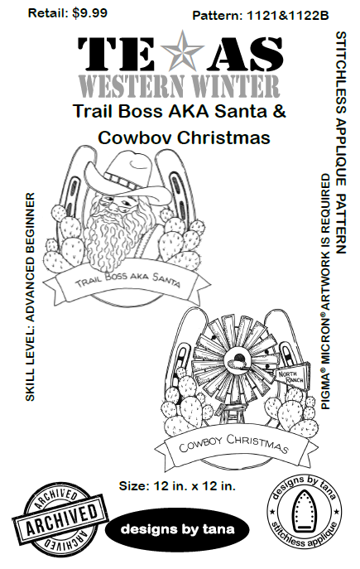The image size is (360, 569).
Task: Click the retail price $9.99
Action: click(89, 13)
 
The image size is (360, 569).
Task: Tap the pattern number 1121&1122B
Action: click(287, 16)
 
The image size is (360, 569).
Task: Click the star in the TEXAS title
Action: click(182, 51)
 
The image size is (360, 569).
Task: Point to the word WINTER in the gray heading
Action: click(239, 86)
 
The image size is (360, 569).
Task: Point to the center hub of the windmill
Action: click(236, 361)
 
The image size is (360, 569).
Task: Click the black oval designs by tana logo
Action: click(177, 528)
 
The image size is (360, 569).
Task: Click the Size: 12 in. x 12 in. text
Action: click(177, 485)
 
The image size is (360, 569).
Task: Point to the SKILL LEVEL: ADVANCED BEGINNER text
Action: click(31, 297)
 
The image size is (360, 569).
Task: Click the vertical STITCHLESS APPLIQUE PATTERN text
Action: click(341, 142)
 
